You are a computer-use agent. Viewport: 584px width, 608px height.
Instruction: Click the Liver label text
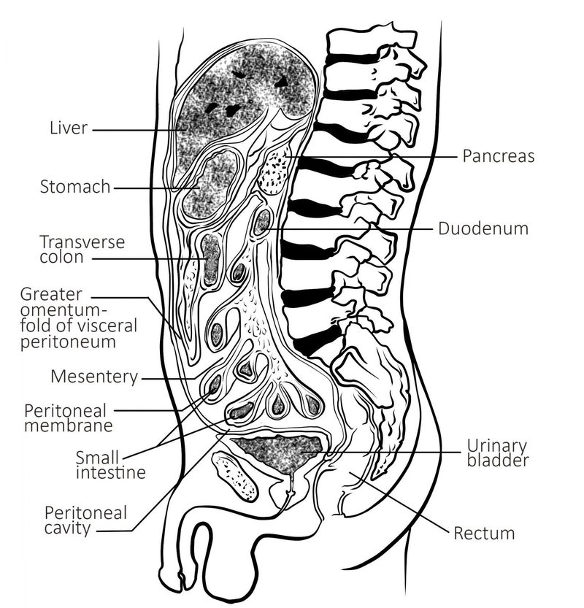click(68, 129)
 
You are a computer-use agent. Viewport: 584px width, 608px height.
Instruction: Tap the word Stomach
click(75, 187)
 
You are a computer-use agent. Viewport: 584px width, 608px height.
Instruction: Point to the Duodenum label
click(483, 228)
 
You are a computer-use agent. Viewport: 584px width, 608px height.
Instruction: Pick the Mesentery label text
click(94, 377)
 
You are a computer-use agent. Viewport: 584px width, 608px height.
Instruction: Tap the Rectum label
click(484, 534)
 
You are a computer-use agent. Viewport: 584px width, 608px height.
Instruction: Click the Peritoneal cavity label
click(85, 520)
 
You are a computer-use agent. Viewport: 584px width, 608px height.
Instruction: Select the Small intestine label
click(110, 465)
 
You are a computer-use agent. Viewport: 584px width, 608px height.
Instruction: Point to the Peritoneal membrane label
click(68, 417)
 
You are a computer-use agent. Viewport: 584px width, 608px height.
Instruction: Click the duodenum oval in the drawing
click(262, 223)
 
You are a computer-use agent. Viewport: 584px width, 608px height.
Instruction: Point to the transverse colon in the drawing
click(212, 259)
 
